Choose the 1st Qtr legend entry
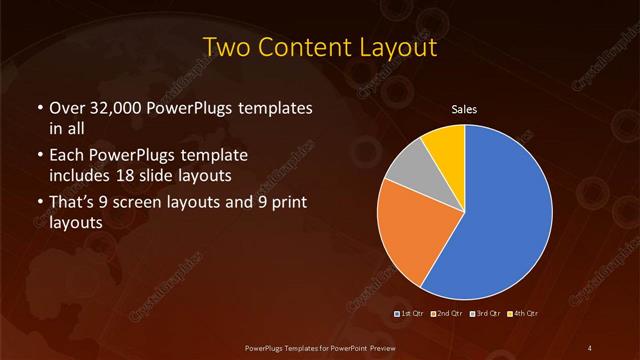(x=411, y=314)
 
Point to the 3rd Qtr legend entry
(x=484, y=314)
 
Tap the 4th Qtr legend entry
(x=522, y=314)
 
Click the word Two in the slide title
(x=223, y=47)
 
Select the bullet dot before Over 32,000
(x=38, y=108)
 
